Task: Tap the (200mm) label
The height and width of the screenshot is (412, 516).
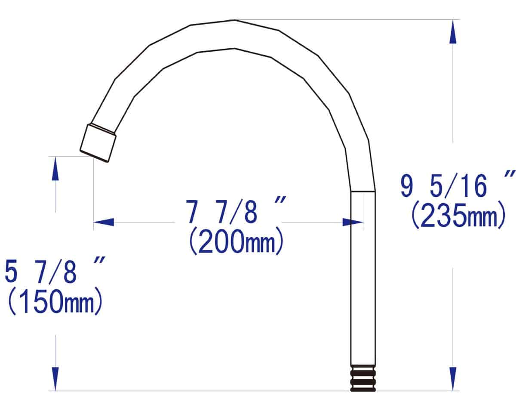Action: (236, 243)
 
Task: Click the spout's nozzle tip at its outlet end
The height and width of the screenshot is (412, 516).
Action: (98, 143)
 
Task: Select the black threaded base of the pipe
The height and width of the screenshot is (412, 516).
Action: (363, 378)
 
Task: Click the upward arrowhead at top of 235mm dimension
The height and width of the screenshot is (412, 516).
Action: (452, 32)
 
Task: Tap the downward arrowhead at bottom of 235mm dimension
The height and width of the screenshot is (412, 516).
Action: (452, 379)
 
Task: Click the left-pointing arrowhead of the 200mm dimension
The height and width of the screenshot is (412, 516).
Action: (104, 222)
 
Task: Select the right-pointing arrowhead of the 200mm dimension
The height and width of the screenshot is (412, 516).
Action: (353, 222)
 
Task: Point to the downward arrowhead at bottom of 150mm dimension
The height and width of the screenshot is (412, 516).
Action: (55, 379)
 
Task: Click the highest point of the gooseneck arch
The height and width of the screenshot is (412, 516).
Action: (234, 20)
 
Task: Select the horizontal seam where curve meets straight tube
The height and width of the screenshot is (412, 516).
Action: (363, 191)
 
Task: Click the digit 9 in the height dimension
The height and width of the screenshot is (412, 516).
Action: (406, 186)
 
